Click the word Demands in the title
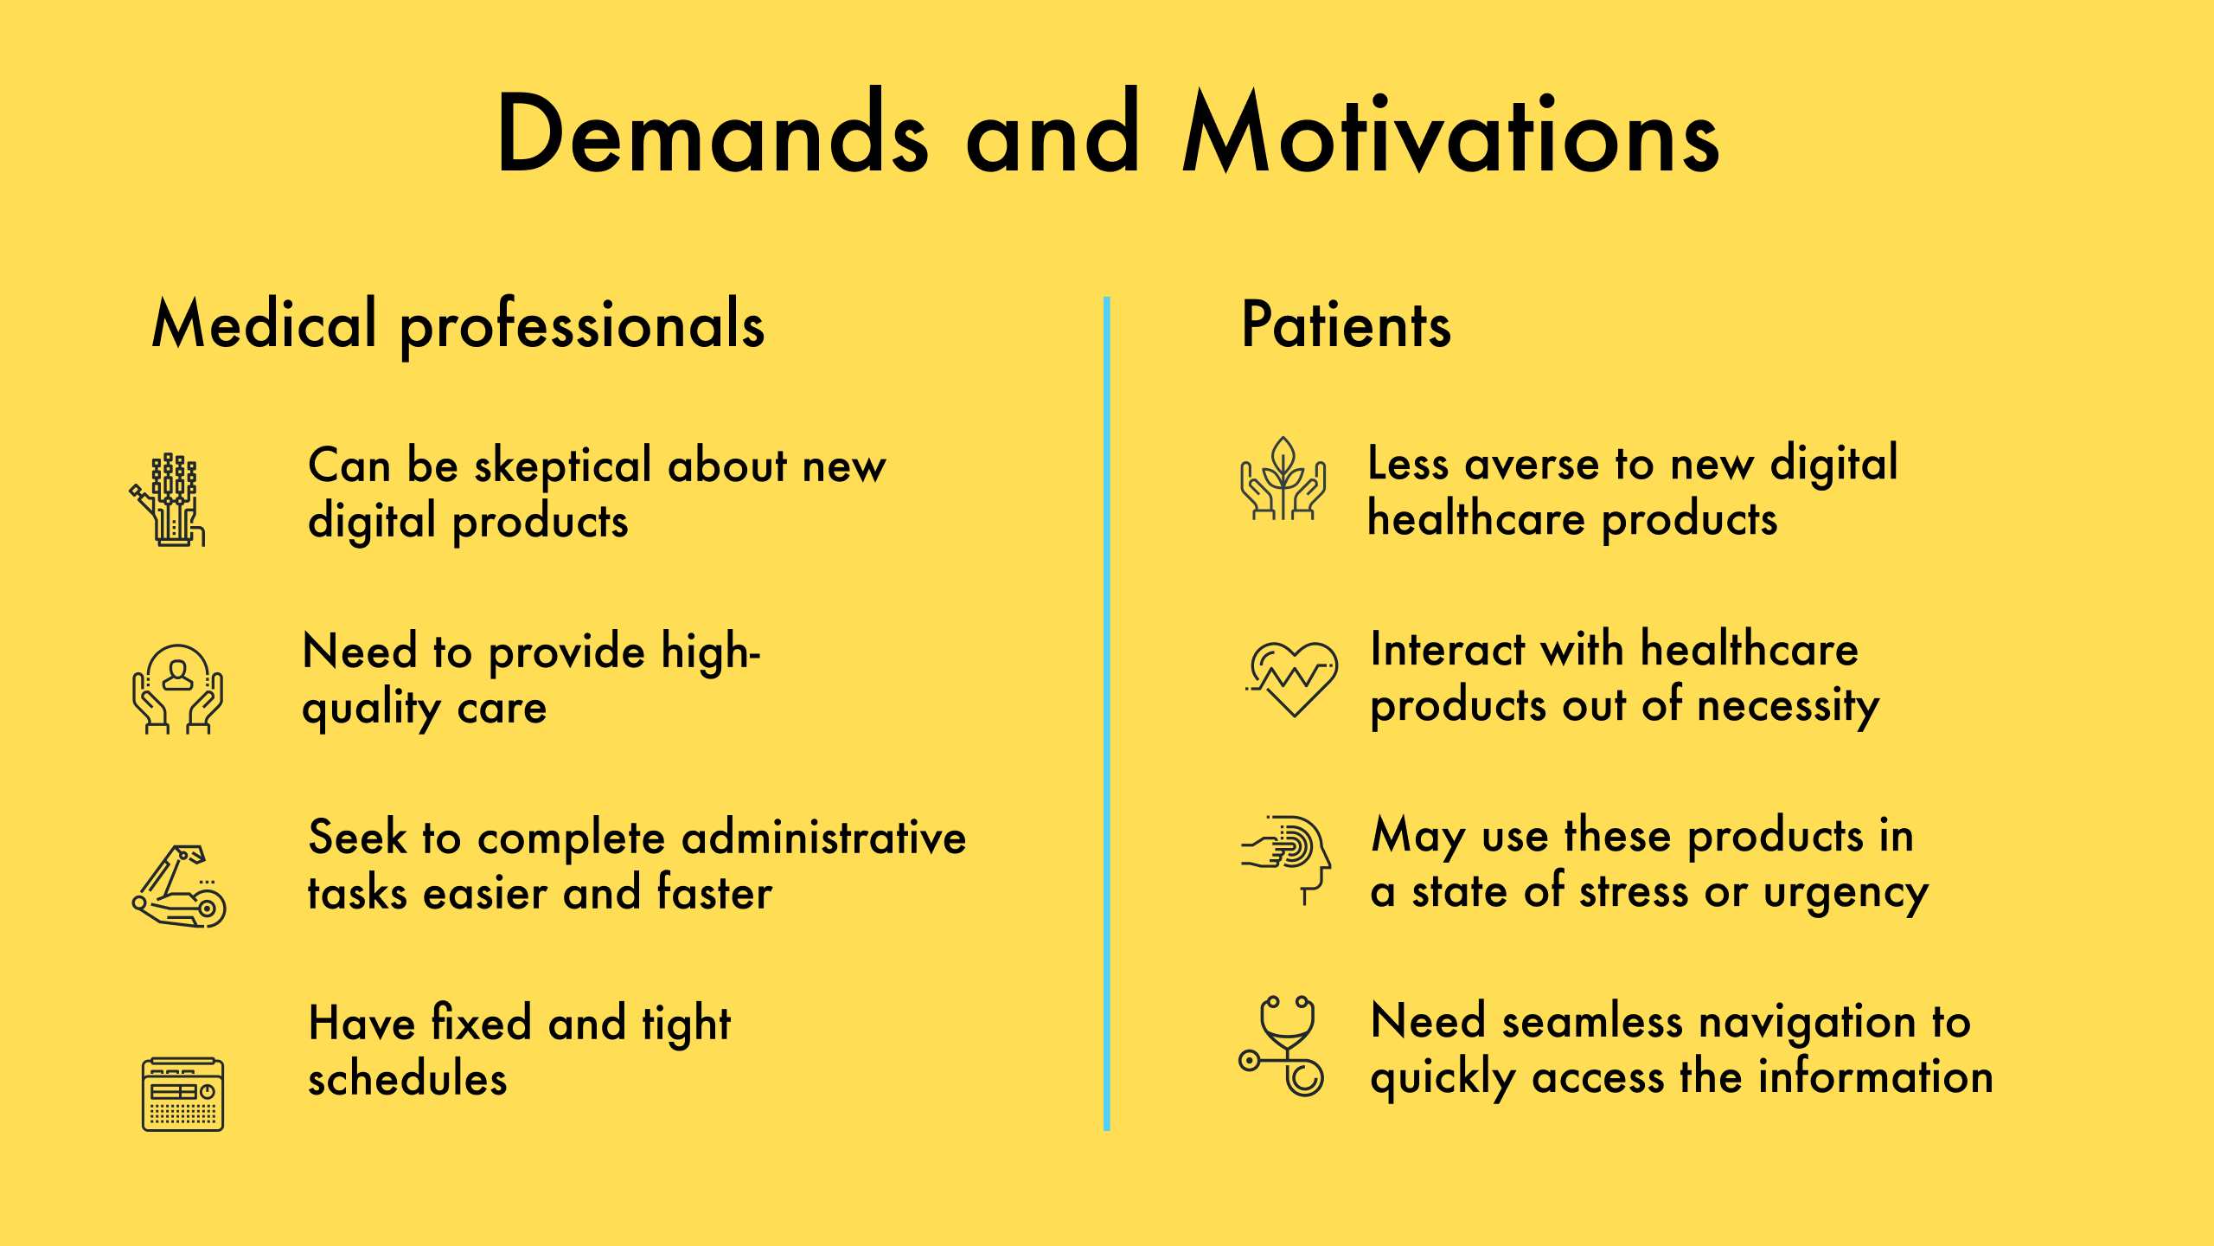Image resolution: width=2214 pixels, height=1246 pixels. click(x=712, y=135)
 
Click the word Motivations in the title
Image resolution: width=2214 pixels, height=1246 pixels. click(x=1450, y=135)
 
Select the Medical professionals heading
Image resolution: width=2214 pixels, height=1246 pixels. click(x=458, y=325)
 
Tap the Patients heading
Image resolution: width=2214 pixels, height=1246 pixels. click(x=1346, y=325)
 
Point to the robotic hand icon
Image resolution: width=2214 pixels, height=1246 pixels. click(x=169, y=500)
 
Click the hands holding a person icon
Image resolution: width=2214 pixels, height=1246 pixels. click(x=178, y=689)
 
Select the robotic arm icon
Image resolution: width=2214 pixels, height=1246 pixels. click(x=180, y=886)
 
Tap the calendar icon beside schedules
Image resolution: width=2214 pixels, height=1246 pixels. click(x=182, y=1094)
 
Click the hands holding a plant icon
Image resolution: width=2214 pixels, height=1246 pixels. click(x=1283, y=479)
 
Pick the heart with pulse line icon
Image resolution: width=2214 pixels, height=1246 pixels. click(x=1292, y=678)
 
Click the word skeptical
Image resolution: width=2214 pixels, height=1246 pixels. click(x=562, y=467)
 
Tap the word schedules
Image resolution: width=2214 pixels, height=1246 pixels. click(x=407, y=1080)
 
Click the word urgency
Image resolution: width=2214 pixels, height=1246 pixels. click(x=1846, y=893)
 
